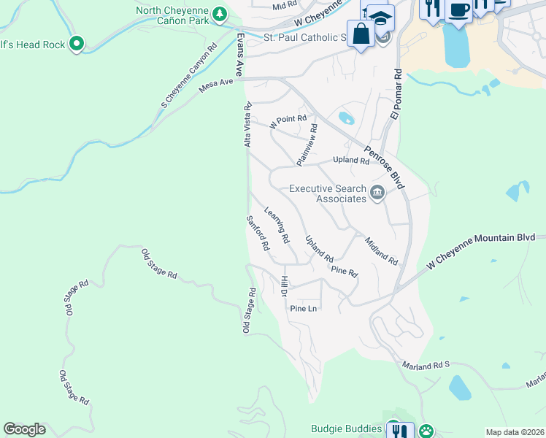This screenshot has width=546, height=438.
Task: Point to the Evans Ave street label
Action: (239, 54)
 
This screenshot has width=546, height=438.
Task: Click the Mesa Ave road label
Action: (215, 87)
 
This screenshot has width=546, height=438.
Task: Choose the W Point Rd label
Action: (288, 121)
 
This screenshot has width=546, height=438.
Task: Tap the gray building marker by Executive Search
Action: (377, 193)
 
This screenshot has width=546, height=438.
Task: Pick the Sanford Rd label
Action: (258, 231)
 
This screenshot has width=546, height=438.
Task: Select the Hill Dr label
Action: (284, 286)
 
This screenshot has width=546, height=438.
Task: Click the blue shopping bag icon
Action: (361, 33)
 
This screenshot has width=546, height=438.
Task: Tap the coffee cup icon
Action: (458, 10)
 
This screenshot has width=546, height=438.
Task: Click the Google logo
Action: (25, 429)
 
